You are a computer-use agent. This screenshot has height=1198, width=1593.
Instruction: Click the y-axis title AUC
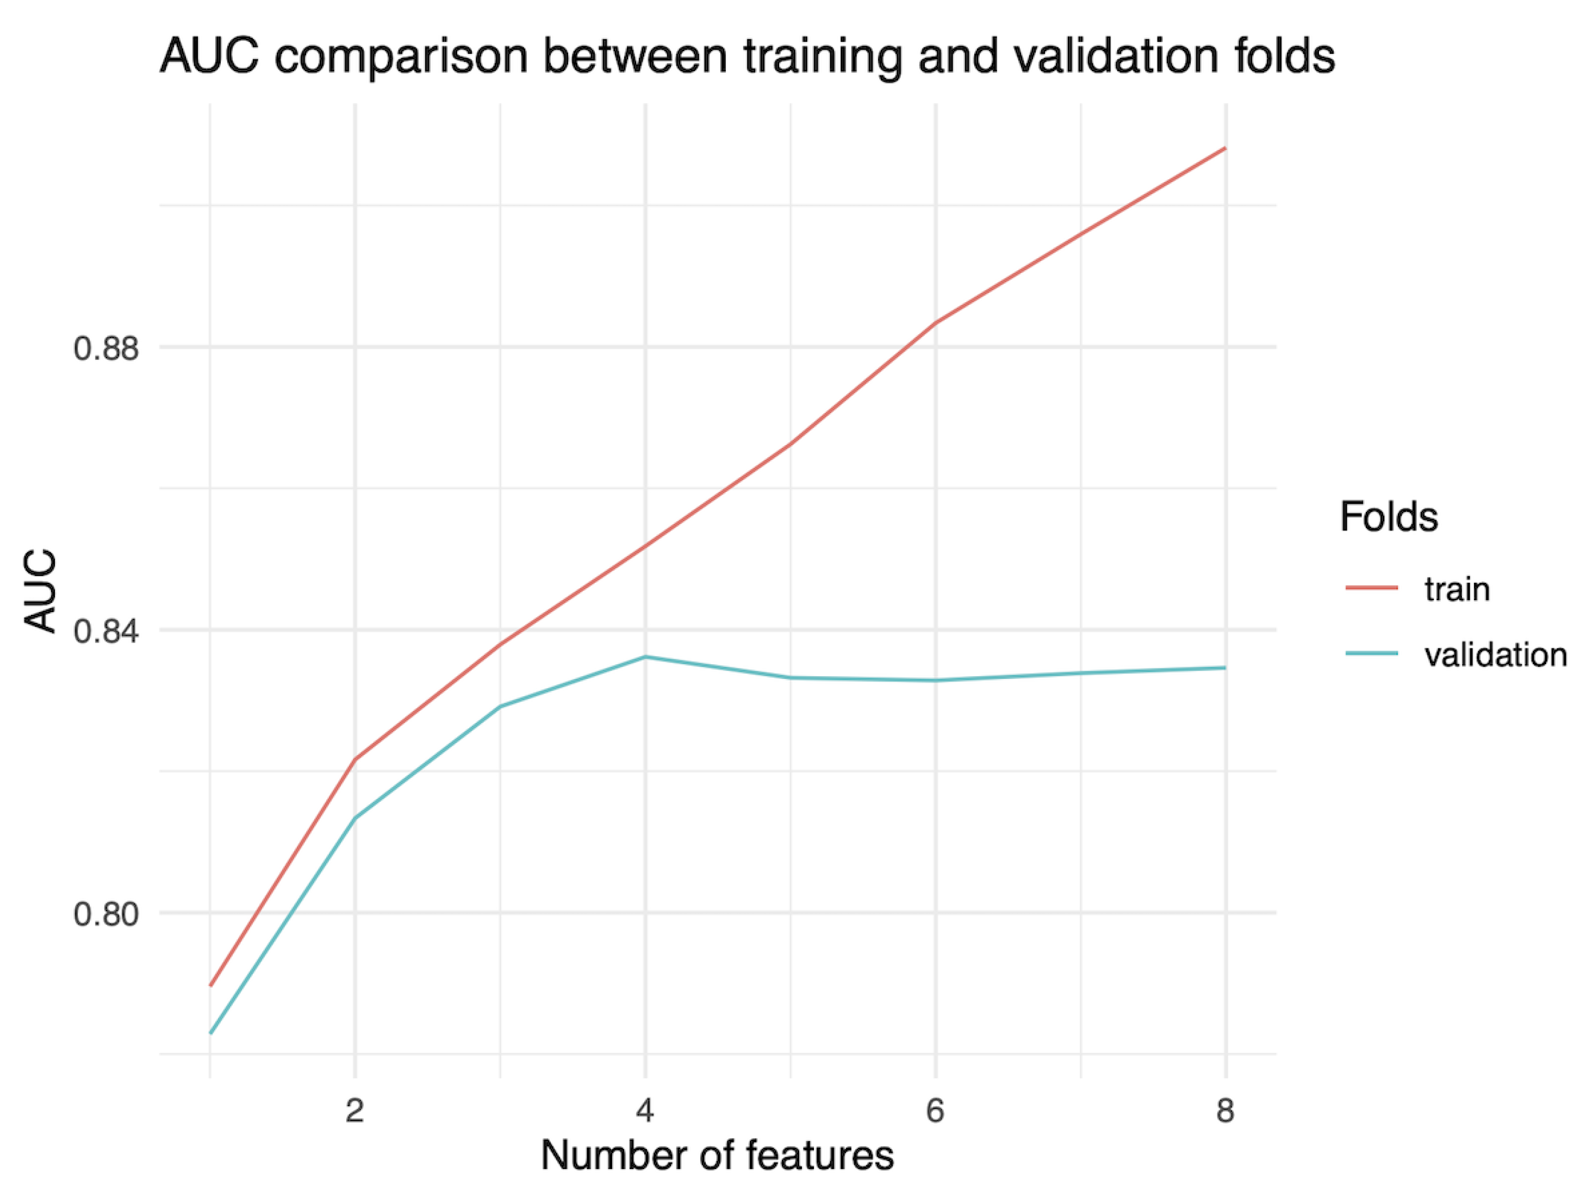[41, 592]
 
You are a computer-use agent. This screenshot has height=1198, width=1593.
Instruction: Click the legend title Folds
[1389, 516]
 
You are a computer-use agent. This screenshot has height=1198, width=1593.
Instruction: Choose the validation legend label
[1495, 655]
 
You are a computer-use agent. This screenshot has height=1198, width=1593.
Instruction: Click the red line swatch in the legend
[1371, 588]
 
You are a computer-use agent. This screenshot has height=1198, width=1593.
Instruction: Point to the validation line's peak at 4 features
[645, 657]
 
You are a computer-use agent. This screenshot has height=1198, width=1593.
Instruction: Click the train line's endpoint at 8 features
[1225, 148]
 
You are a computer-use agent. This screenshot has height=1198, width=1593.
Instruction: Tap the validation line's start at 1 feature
[210, 1033]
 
